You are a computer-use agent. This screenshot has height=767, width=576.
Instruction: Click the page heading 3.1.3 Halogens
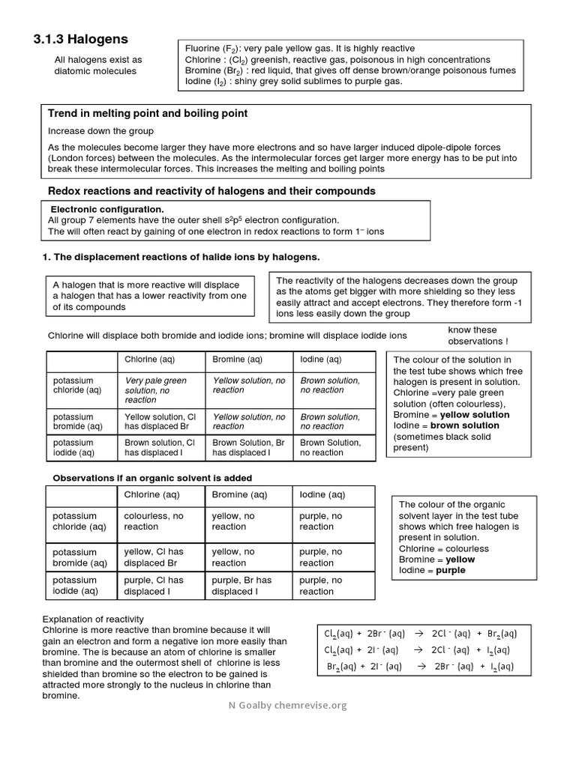(82, 39)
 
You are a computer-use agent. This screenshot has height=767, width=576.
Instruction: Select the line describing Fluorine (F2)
(299, 48)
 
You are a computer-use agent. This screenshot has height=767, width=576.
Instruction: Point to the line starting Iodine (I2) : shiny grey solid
(293, 81)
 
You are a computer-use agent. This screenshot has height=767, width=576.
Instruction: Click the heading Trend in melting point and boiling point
(148, 113)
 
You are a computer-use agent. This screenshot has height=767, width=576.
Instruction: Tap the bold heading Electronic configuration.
(106, 209)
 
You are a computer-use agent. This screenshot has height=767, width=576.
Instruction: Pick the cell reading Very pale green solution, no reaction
(156, 390)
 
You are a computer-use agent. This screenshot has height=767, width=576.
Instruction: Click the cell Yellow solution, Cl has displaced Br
(160, 422)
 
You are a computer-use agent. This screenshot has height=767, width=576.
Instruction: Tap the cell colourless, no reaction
(154, 521)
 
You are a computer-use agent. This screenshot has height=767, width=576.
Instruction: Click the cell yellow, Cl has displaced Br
(154, 557)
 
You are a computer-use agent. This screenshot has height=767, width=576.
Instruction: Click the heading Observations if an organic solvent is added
(152, 478)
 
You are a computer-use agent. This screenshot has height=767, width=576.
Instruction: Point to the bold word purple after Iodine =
(451, 570)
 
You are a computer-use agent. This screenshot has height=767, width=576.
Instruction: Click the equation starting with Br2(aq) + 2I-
(420, 666)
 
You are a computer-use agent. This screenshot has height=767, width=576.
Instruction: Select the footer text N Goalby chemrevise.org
(288, 705)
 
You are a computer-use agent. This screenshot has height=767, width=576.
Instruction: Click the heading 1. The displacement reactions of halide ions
(181, 257)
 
